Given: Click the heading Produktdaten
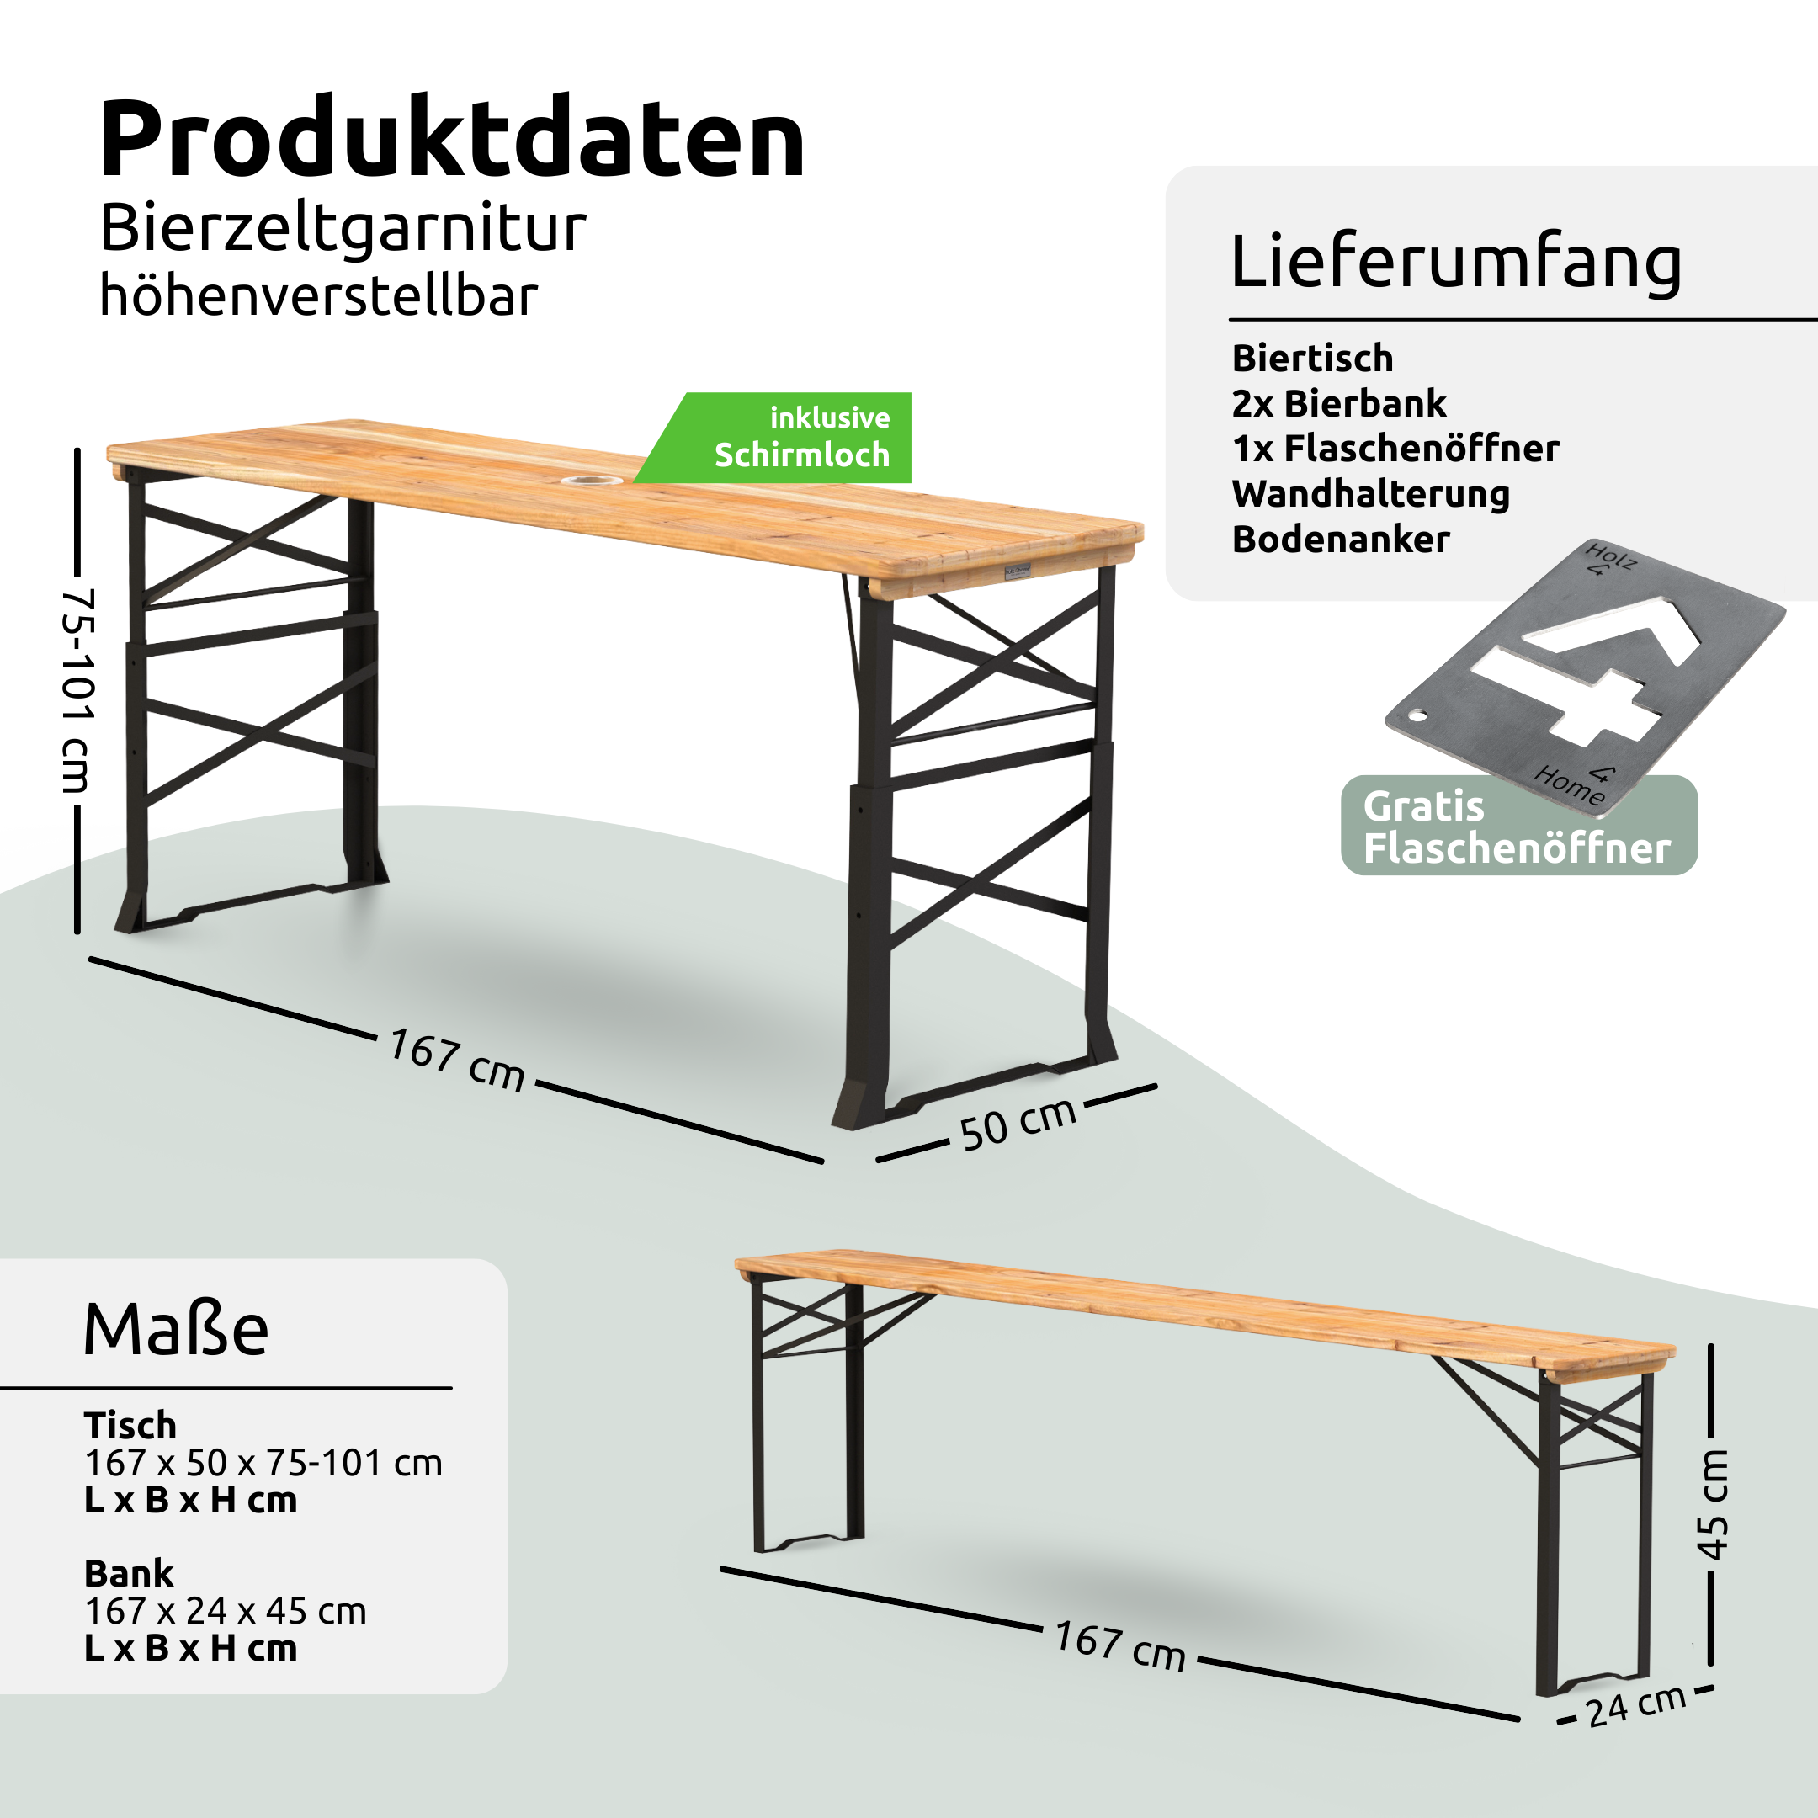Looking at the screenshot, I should (x=452, y=139).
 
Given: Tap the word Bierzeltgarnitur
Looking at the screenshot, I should (x=343, y=229).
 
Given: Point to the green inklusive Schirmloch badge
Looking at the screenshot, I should (x=800, y=438).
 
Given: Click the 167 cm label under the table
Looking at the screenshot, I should (x=456, y=1060).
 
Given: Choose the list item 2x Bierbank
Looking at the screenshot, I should (x=1338, y=404).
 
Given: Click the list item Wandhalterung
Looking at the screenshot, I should (x=1370, y=494).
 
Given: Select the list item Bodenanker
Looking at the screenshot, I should (x=1340, y=540).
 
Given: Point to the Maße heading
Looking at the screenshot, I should (x=176, y=1330).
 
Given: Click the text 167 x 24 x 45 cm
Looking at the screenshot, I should (x=225, y=1611).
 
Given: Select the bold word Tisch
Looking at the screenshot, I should (x=130, y=1425).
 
